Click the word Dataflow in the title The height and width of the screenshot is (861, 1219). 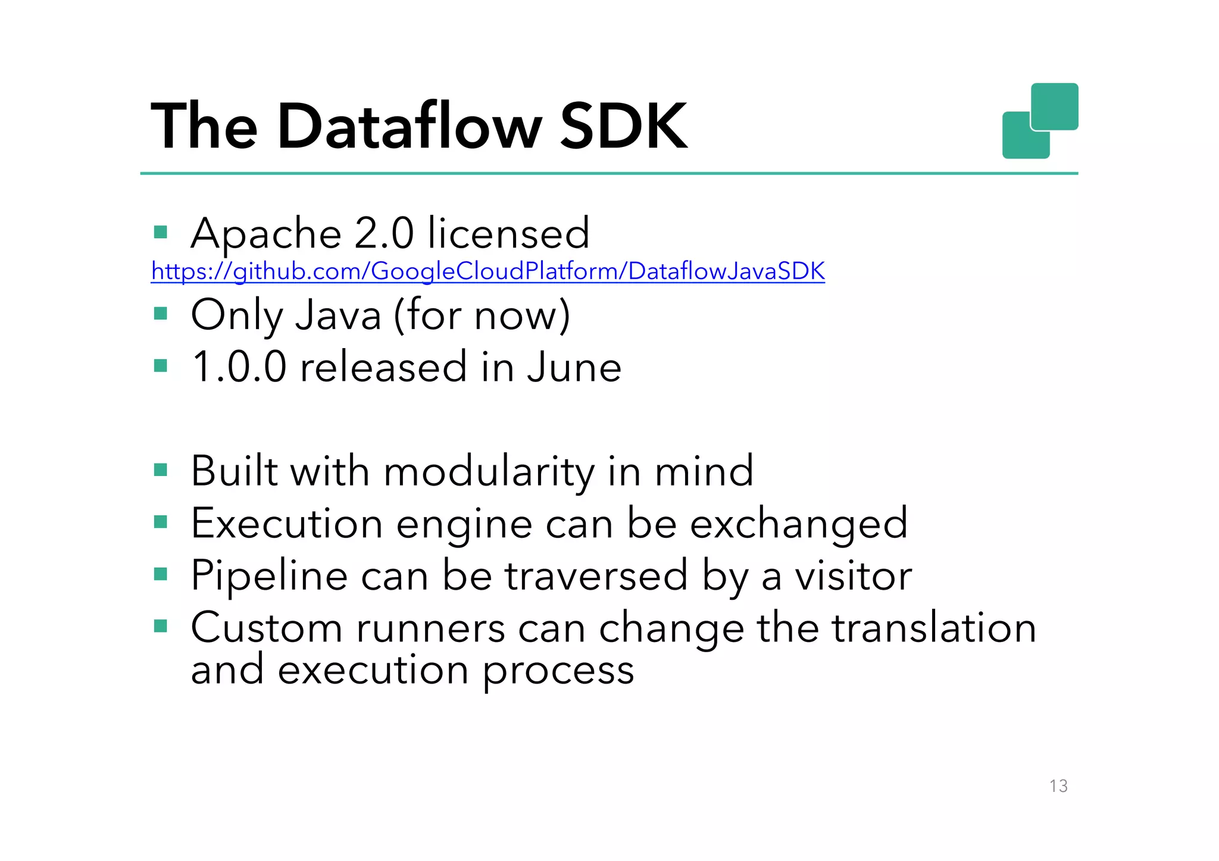[410, 126]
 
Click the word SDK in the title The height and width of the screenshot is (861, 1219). [623, 126]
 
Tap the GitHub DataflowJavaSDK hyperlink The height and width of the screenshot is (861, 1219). [487, 271]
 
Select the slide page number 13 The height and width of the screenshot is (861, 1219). [1058, 786]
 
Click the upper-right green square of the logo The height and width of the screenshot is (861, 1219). [1055, 106]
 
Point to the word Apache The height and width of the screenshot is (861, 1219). [266, 233]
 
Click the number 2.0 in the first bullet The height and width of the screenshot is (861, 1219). [384, 233]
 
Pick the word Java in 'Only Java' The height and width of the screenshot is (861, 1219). [338, 315]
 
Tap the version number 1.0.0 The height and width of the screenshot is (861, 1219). [239, 367]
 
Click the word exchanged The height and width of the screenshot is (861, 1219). [799, 524]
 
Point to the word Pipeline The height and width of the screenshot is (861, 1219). [269, 576]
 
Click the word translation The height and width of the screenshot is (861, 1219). [934, 628]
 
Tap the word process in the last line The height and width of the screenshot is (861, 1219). [558, 671]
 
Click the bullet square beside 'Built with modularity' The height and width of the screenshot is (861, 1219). [161, 471]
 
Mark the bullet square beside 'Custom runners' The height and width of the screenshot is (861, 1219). [161, 626]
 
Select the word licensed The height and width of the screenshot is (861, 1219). [508, 233]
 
